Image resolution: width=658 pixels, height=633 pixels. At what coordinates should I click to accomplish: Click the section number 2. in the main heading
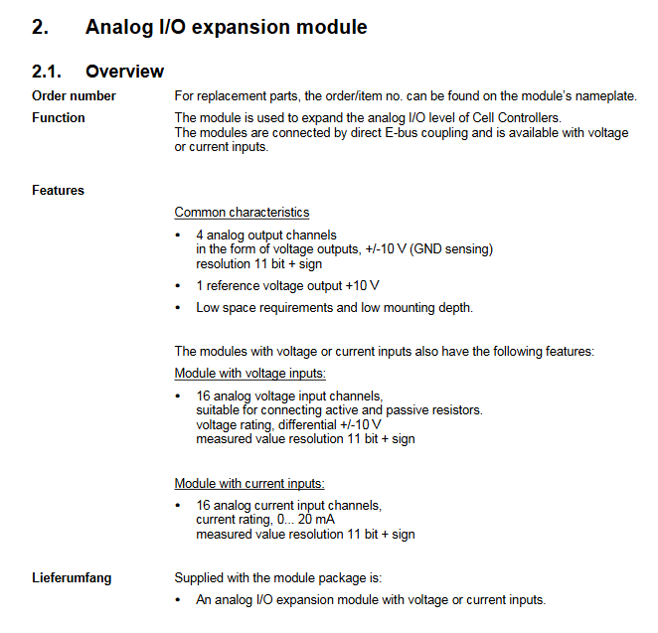point(41,27)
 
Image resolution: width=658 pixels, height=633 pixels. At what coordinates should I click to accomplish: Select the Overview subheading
point(124,72)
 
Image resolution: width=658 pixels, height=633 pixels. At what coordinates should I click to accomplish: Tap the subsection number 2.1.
point(47,72)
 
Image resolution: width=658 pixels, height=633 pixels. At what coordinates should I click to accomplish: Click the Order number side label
point(74,96)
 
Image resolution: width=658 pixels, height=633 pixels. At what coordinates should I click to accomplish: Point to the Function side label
point(59,118)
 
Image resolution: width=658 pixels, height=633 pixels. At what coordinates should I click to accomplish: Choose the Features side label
point(58,190)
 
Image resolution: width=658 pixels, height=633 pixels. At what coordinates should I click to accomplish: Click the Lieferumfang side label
point(72,577)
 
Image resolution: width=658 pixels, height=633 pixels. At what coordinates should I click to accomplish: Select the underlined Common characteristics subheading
point(242,212)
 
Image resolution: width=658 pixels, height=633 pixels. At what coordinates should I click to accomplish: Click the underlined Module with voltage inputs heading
point(249,374)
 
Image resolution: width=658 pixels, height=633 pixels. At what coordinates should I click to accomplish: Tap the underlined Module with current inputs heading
point(249,484)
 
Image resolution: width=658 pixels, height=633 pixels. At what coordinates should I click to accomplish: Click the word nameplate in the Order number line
point(604,96)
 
